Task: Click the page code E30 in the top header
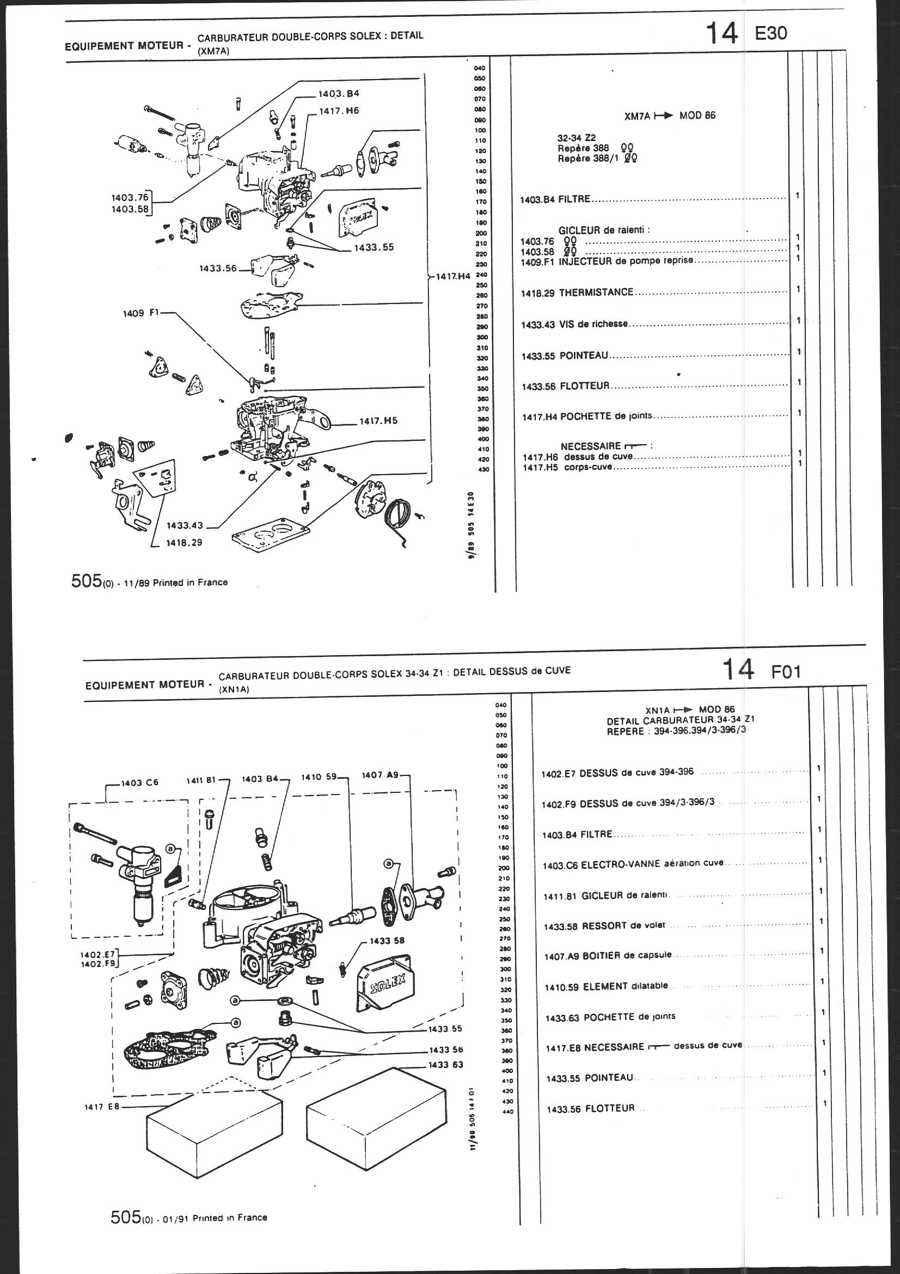pos(770,33)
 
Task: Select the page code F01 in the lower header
pos(786,672)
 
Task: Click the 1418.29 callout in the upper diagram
pos(184,543)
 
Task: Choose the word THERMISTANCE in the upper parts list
pos(596,292)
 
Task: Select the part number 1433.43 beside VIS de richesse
pos(538,324)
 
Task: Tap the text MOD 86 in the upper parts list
pos(697,116)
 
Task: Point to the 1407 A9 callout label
pos(380,775)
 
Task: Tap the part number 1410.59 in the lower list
pos(562,987)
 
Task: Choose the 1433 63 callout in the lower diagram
pos(445,1065)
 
